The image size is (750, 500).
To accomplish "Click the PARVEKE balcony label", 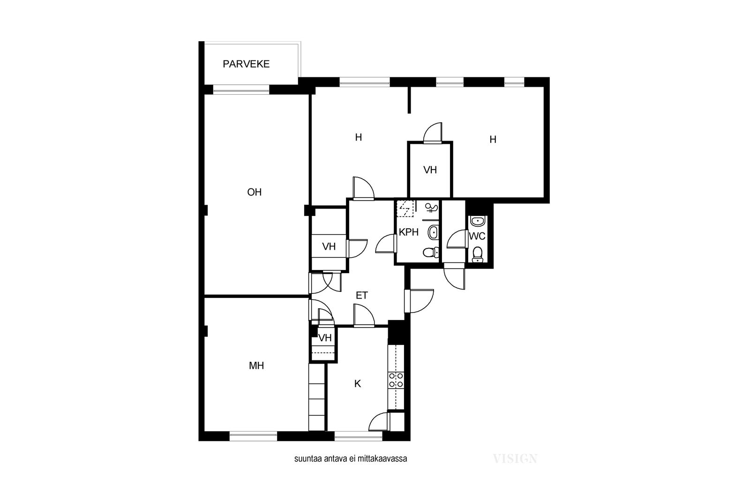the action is click(x=246, y=64).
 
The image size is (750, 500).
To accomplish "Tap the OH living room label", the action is click(x=254, y=192).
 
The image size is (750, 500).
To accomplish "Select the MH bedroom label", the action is click(x=256, y=366).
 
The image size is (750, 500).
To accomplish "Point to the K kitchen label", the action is click(x=358, y=384).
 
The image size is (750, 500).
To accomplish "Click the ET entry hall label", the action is click(x=361, y=296).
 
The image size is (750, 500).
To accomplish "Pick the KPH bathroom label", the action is click(x=408, y=232).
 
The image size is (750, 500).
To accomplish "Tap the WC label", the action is click(x=477, y=236).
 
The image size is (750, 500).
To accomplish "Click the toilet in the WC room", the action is click(x=478, y=254).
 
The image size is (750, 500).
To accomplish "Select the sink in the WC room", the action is click(x=478, y=221).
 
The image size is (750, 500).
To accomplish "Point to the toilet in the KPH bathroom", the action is click(x=431, y=252).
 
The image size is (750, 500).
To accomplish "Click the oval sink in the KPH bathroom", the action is click(x=433, y=232).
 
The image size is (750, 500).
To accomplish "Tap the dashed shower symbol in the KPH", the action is click(x=405, y=209).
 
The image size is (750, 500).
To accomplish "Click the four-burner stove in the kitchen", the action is click(x=396, y=380).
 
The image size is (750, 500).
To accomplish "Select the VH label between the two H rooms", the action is click(x=430, y=170).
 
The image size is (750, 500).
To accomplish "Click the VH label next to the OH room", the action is click(x=329, y=246).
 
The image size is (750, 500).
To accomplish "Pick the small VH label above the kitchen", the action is click(x=325, y=338).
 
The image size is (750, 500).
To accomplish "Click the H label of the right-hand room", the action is click(x=493, y=140).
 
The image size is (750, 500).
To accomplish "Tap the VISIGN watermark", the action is click(x=515, y=458).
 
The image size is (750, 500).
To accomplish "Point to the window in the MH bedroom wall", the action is click(x=254, y=436).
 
